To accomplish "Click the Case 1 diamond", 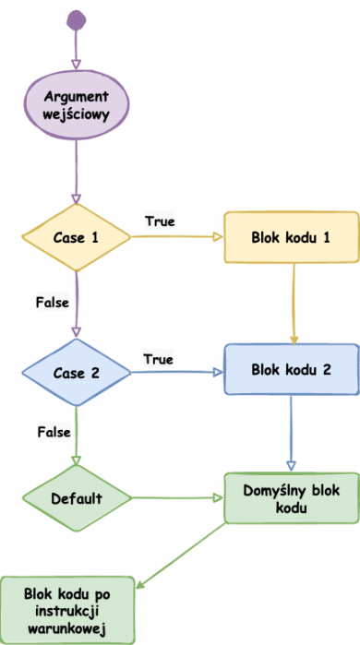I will point(77,237).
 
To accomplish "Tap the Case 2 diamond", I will point(77,374).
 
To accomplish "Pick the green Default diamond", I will point(77,497).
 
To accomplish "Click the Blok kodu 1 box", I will point(291,237).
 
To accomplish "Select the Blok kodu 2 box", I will point(291,370).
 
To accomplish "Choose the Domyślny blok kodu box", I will point(291,497).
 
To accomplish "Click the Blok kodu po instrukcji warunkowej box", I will point(69,610).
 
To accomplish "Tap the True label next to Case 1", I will point(160,221).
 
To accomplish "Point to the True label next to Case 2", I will point(159,358).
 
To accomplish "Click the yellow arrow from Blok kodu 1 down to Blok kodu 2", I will point(294,305).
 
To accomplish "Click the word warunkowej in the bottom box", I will point(69,627).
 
